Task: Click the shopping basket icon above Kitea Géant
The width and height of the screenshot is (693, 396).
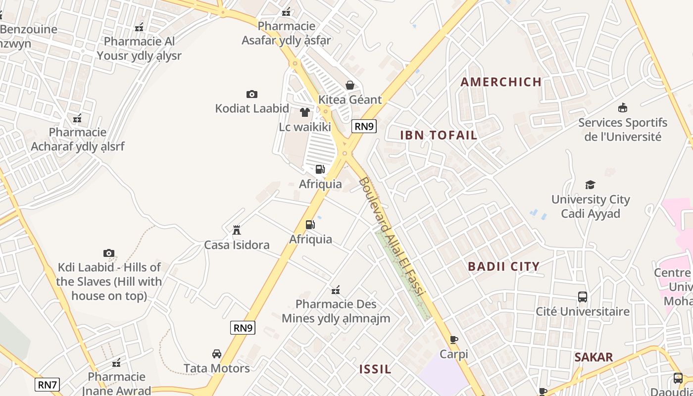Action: (x=350, y=85)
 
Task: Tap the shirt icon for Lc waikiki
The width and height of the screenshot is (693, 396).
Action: (x=305, y=112)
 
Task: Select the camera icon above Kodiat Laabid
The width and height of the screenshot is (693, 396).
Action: (x=252, y=94)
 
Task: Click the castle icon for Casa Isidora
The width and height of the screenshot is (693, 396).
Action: (x=237, y=230)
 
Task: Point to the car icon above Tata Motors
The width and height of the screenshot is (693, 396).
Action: (x=217, y=354)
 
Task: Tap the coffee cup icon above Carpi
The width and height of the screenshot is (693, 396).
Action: (x=454, y=340)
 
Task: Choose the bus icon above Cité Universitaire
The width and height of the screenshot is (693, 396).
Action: (x=583, y=297)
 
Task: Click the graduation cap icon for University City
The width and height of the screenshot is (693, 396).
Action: (x=590, y=185)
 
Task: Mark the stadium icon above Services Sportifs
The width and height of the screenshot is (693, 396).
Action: (x=623, y=108)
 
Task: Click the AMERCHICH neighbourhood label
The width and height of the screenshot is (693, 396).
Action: (x=501, y=82)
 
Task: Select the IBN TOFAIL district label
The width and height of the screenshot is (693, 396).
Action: (x=439, y=135)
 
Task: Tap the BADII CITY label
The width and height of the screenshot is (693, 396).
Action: (x=504, y=266)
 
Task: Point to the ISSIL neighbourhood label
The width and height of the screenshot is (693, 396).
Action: (x=375, y=369)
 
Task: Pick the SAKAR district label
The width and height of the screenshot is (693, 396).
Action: (x=594, y=357)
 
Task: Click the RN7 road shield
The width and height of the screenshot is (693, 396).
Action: (x=48, y=384)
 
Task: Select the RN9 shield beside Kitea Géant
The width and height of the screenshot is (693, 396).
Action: (x=364, y=126)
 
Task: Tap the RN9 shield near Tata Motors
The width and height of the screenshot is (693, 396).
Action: (x=243, y=327)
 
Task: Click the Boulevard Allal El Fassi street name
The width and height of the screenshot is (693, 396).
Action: (x=392, y=237)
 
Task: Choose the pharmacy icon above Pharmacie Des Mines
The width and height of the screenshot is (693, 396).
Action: (x=336, y=290)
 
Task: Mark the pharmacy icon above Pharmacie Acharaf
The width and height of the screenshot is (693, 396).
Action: (x=77, y=118)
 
